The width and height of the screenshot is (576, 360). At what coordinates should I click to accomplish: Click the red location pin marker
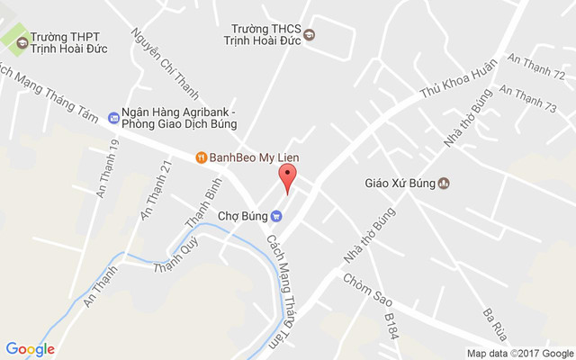point(286,177)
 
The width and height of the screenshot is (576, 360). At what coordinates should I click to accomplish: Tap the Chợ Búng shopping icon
point(277,215)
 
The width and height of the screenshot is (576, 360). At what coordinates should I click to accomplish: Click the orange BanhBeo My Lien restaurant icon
point(202,157)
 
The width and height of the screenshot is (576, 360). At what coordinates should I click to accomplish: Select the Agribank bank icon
point(113,117)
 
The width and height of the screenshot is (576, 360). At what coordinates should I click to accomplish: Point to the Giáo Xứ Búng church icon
point(443,184)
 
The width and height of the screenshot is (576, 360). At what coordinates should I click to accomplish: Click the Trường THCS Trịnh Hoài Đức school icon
point(310,35)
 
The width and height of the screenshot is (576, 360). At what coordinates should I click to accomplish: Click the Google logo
point(30,349)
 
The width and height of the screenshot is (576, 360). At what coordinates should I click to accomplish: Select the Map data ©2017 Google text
point(519,353)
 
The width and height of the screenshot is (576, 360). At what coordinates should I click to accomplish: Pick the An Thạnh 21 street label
point(153,188)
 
